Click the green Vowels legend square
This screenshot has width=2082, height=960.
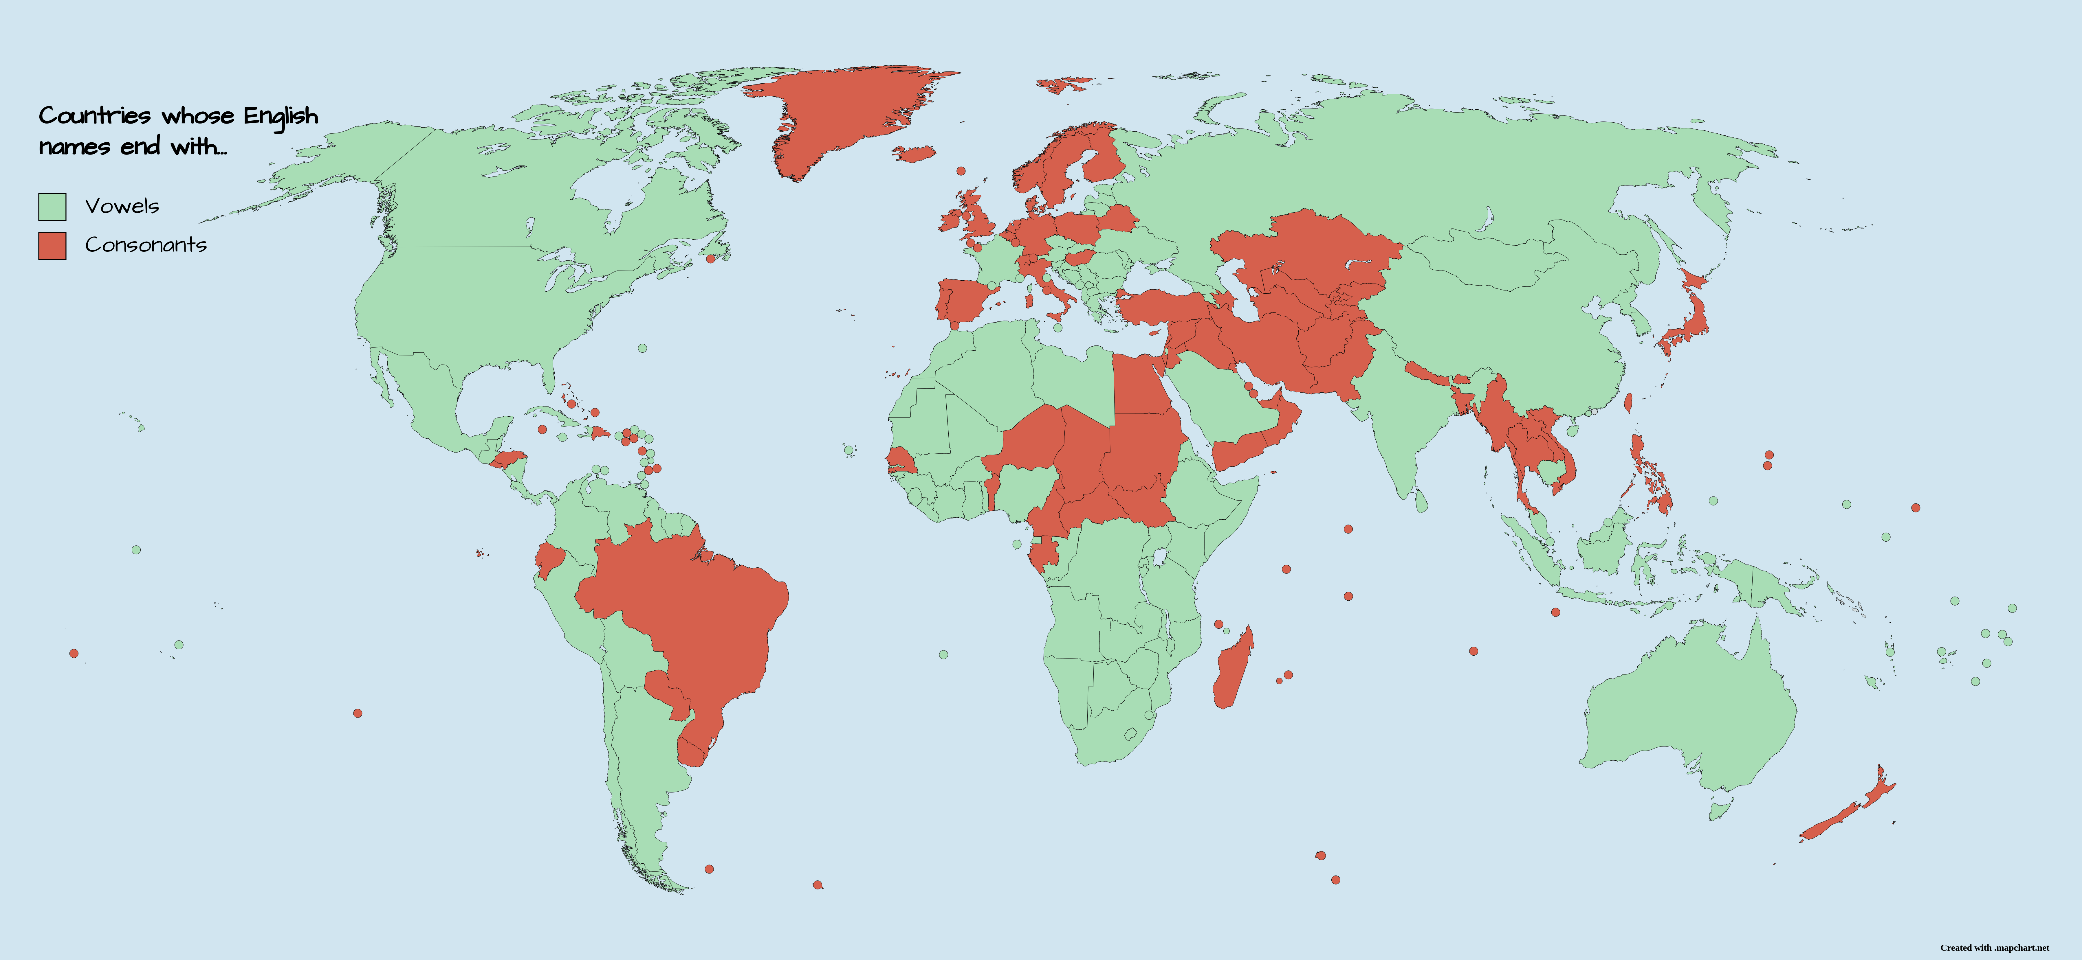pyautogui.click(x=52, y=207)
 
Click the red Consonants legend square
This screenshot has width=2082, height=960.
pyautogui.click(x=52, y=246)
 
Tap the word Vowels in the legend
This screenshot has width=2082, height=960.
pyautogui.click(x=122, y=206)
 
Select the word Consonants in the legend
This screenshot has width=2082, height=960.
pyautogui.click(x=146, y=245)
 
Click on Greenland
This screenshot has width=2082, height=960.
pyautogui.click(x=841, y=113)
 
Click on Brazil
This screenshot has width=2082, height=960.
pyautogui.click(x=695, y=606)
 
